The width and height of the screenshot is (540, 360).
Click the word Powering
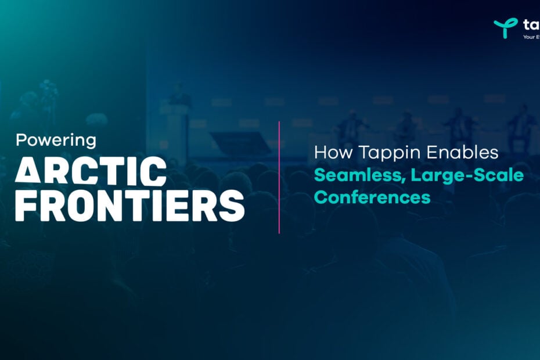tap(56, 141)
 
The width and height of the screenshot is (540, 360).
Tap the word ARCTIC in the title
tap(91, 172)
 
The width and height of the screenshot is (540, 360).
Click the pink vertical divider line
tap(279, 177)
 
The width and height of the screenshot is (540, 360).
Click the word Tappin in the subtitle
tap(385, 153)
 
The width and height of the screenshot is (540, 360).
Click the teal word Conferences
tap(372, 197)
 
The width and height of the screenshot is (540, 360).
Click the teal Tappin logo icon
tap(505, 27)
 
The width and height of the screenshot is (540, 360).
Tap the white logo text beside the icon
tap(531, 24)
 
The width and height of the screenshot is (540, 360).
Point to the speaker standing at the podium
tap(179, 96)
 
